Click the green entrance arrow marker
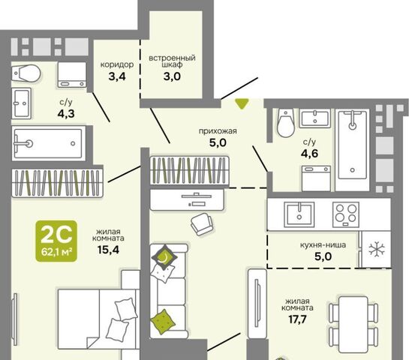242,103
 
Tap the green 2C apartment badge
56,241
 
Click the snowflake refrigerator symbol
377,249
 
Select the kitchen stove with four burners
346,214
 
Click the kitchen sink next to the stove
299,214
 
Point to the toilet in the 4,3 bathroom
26,73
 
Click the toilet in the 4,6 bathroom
285,123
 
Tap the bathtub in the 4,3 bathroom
49,143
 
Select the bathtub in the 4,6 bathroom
353,145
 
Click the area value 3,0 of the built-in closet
172,76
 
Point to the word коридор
117,64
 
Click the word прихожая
218,130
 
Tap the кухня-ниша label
323,245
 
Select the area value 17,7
297,319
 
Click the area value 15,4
108,250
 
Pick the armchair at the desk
201,224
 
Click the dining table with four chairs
353,325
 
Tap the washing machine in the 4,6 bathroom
317,178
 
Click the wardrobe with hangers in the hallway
190,170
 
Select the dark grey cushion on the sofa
164,257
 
